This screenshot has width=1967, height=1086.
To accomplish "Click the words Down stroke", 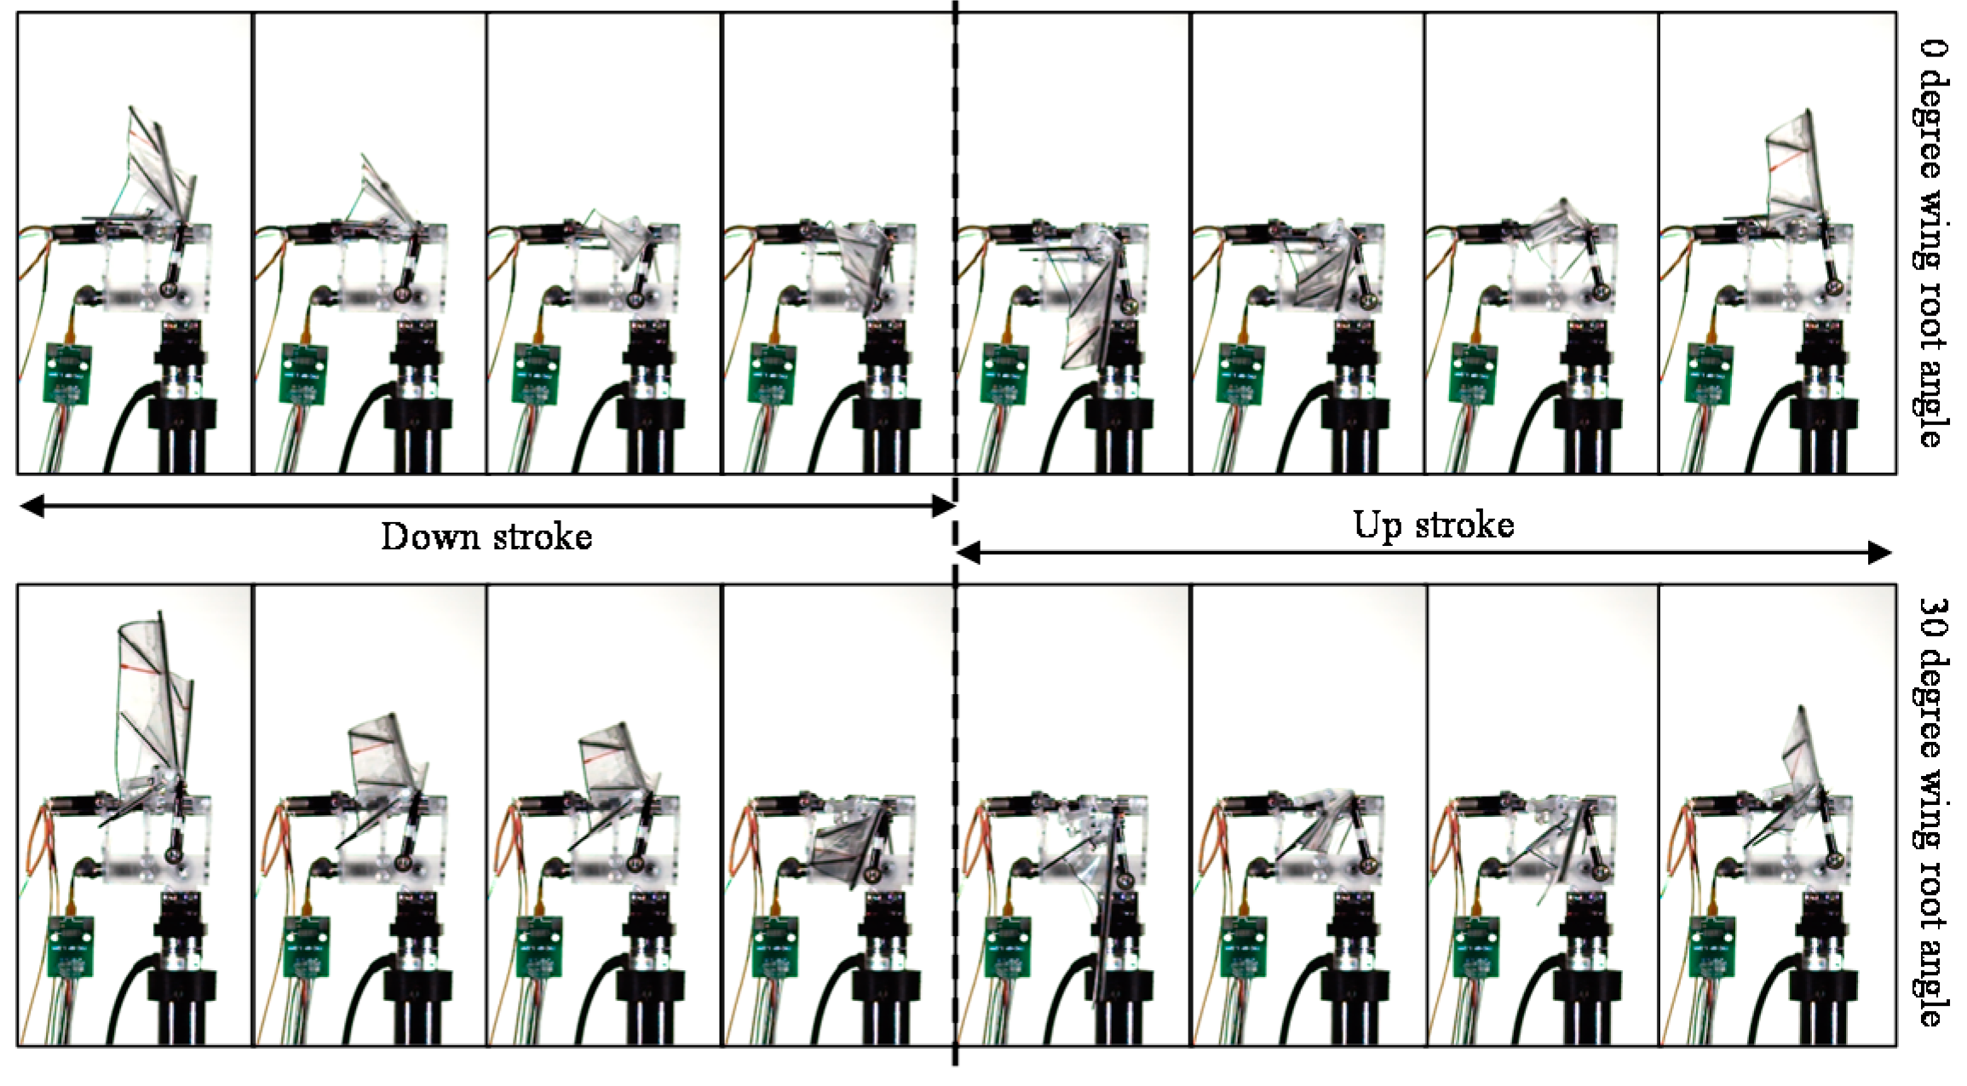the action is (x=486, y=537).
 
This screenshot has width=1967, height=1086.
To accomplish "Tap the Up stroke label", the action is (x=1434, y=525).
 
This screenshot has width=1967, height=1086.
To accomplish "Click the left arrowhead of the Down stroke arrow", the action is (x=31, y=507).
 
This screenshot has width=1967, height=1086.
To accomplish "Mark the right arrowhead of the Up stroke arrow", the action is (x=1879, y=553).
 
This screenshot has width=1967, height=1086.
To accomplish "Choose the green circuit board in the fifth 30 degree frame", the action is (x=1009, y=946).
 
